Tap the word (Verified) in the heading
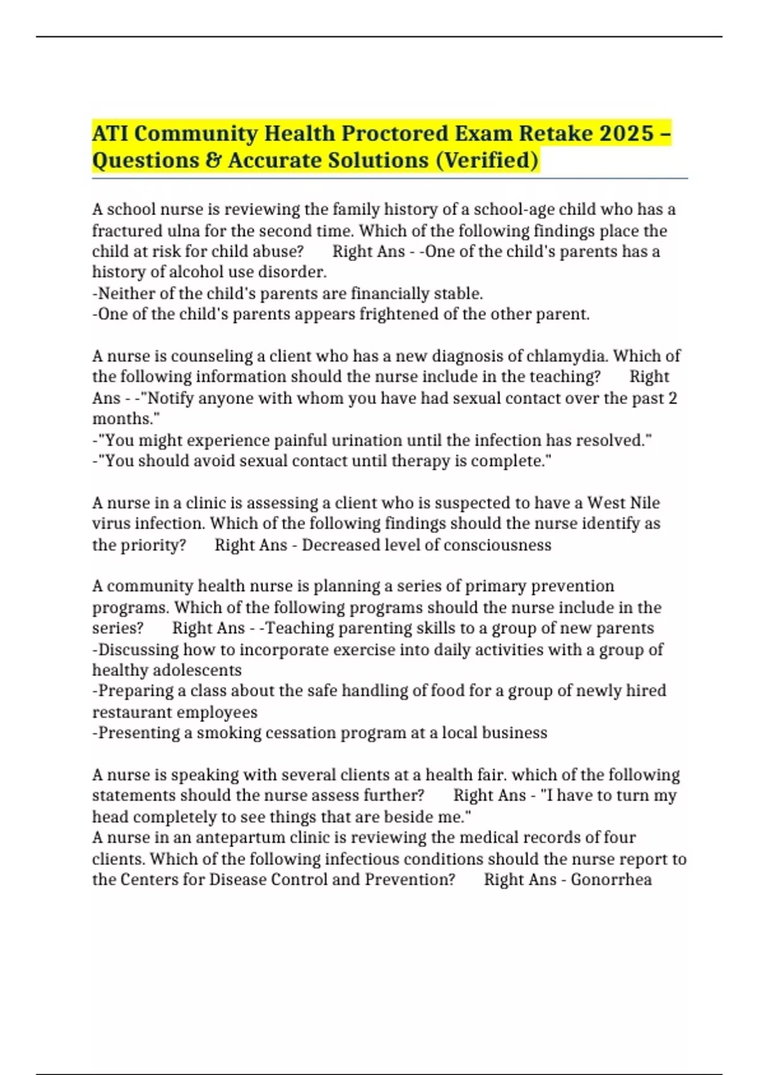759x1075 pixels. tap(486, 161)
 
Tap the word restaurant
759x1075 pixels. tap(132, 712)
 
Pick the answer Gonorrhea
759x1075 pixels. tap(611, 880)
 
